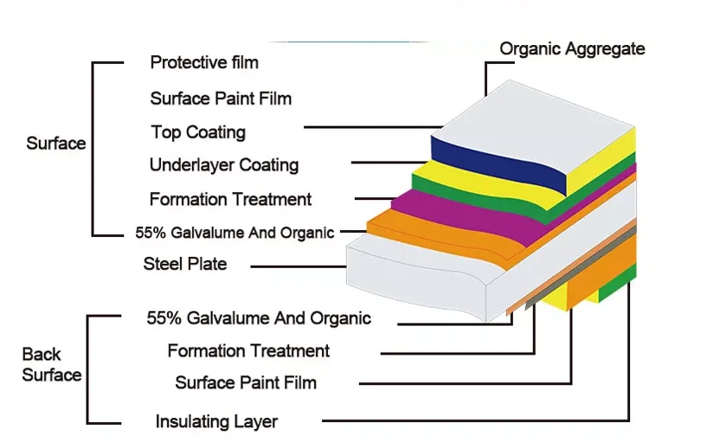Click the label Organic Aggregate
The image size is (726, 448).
pyautogui.click(x=572, y=49)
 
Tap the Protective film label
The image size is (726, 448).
pyautogui.click(x=204, y=62)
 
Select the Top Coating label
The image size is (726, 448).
pyautogui.click(x=198, y=132)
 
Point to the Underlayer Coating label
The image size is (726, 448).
pyautogui.click(x=224, y=165)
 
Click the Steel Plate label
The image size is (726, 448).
pyautogui.click(x=185, y=264)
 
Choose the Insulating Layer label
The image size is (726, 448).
pyautogui.click(x=216, y=422)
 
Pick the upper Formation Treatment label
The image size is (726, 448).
pyautogui.click(x=230, y=200)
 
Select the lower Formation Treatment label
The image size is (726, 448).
pyautogui.click(x=248, y=351)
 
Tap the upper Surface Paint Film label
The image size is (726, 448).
pyautogui.click(x=221, y=99)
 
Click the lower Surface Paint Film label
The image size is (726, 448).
pyautogui.click(x=246, y=382)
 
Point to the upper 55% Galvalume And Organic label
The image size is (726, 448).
pyautogui.click(x=235, y=233)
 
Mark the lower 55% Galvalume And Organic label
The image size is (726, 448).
pyautogui.click(x=259, y=318)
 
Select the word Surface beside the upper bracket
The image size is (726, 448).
pyautogui.click(x=56, y=144)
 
